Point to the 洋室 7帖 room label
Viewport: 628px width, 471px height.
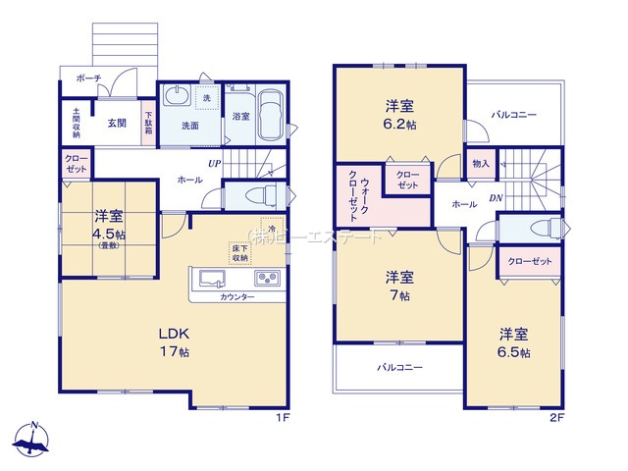click(x=397, y=286)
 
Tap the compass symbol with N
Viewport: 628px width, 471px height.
click(x=35, y=439)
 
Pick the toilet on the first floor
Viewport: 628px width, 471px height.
click(x=253, y=195)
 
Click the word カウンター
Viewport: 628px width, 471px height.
click(x=236, y=296)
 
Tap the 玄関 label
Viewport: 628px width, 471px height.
click(x=117, y=123)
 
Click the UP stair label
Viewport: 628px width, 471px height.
click(x=212, y=164)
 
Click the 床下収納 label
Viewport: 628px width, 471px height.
click(x=240, y=254)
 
